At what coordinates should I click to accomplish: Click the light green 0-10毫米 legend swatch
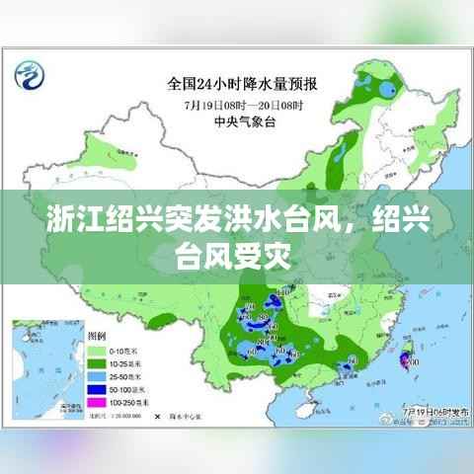98,352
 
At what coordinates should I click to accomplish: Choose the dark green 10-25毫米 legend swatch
98,364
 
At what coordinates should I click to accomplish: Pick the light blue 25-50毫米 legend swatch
98,376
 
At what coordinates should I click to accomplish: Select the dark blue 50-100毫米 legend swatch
98,389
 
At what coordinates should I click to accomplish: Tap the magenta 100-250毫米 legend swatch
98,402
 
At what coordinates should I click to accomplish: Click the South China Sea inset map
45,371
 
